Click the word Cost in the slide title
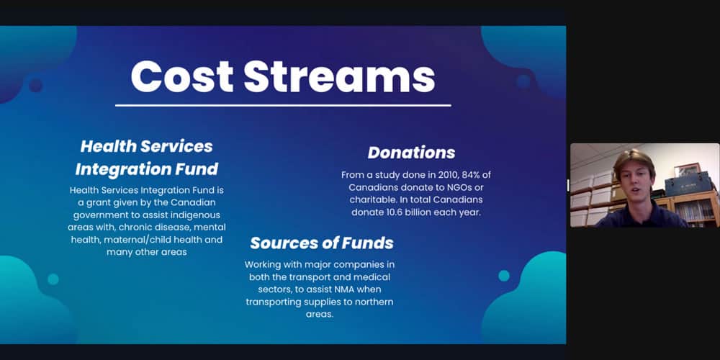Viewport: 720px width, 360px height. tap(182, 76)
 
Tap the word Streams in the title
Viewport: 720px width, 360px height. tap(339, 76)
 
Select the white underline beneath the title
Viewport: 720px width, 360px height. tap(283, 106)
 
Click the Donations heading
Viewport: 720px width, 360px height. tap(411, 153)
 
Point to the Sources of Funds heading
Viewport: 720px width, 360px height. tap(321, 243)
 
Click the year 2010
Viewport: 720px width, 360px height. tap(436, 175)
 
